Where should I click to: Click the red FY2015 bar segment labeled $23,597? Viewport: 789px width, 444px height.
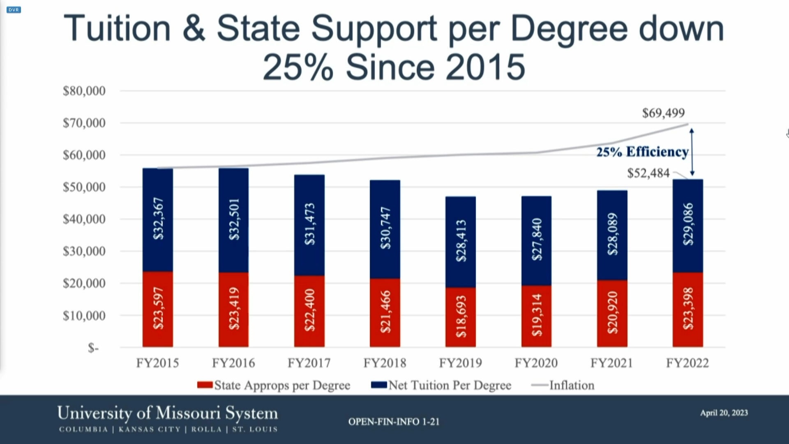[158, 309]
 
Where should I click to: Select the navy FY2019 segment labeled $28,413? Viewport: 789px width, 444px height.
[461, 242]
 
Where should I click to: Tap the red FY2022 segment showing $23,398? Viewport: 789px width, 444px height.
[687, 309]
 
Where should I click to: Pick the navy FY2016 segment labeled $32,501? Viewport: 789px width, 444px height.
[233, 220]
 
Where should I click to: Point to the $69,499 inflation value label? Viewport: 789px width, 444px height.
[663, 113]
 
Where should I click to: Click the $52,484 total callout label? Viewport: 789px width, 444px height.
[648, 173]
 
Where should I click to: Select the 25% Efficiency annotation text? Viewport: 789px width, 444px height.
[642, 152]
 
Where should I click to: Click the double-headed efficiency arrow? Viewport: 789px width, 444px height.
[692, 152]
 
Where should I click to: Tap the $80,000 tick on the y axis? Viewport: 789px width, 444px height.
[84, 91]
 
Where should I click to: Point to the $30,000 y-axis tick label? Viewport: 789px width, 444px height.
[84, 251]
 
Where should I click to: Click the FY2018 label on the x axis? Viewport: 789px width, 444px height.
[385, 363]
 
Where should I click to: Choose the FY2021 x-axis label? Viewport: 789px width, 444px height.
[611, 363]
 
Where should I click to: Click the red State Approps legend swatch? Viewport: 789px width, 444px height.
[205, 385]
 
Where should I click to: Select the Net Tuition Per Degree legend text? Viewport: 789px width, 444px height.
[450, 385]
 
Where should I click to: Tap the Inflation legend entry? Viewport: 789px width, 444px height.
[571, 385]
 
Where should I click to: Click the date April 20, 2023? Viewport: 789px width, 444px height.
[724, 413]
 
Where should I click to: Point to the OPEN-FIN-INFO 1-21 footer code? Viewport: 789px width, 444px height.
[394, 422]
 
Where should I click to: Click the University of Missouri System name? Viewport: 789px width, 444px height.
[168, 413]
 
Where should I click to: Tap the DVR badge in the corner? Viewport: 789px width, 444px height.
[14, 10]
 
